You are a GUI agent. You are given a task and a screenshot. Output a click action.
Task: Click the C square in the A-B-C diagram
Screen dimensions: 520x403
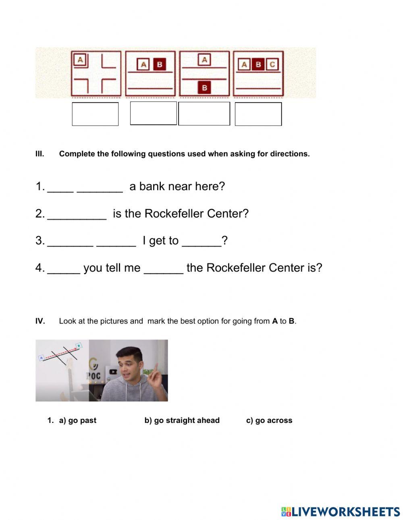(x=272, y=64)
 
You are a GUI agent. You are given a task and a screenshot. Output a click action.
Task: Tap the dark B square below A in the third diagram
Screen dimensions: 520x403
(x=204, y=87)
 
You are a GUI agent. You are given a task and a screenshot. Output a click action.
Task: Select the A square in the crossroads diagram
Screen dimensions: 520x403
(x=80, y=60)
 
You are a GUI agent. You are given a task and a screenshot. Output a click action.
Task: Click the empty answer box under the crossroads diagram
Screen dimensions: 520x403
(x=95, y=114)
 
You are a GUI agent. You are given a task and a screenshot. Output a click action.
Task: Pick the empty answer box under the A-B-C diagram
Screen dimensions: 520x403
(x=258, y=114)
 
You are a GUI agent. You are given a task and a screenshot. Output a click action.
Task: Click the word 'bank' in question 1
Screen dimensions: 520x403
(x=152, y=186)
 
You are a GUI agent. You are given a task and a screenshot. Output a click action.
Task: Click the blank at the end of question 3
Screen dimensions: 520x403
(x=201, y=241)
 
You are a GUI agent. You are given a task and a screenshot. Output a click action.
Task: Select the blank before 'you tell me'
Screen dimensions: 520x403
(x=64, y=268)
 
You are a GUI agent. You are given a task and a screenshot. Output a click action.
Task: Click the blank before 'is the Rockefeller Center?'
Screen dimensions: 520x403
(x=77, y=214)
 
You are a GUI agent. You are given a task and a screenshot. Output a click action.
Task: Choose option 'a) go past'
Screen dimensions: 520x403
(x=78, y=421)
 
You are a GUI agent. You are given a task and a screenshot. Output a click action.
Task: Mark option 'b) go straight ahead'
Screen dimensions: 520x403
(x=182, y=421)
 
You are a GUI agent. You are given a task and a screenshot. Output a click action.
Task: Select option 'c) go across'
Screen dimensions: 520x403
(x=269, y=421)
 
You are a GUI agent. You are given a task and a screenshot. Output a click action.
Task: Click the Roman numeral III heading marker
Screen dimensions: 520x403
(x=39, y=154)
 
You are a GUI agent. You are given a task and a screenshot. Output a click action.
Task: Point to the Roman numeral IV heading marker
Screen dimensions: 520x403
(x=40, y=321)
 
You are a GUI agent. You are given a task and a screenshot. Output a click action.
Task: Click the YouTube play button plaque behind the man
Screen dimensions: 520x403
(x=113, y=372)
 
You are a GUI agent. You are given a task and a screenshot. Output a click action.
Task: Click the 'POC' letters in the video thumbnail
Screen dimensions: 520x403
(x=93, y=375)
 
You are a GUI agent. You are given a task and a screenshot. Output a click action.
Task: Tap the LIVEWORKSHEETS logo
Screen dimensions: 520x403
(x=341, y=511)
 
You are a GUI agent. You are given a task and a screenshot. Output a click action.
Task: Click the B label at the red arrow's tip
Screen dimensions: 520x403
(x=79, y=346)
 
